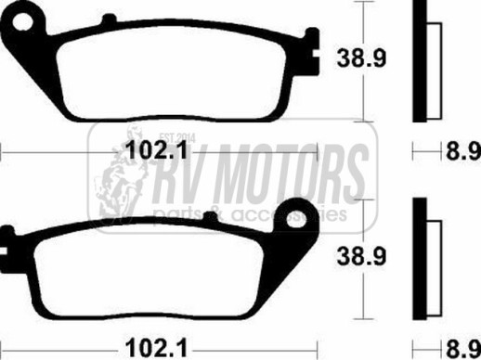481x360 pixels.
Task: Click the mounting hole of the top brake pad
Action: (x=22, y=21)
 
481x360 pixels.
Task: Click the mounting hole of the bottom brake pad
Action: (x=296, y=218)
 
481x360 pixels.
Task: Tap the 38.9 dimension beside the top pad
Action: (x=361, y=58)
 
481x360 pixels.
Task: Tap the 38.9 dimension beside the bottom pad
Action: (x=361, y=256)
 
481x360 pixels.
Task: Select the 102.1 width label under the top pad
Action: (x=157, y=150)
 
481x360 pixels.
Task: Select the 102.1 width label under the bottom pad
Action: (x=157, y=348)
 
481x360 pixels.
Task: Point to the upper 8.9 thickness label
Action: (x=463, y=151)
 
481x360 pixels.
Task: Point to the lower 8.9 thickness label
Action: (x=463, y=349)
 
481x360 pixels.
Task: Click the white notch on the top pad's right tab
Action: (x=316, y=54)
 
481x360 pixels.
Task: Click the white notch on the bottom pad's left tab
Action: (x=3, y=251)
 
